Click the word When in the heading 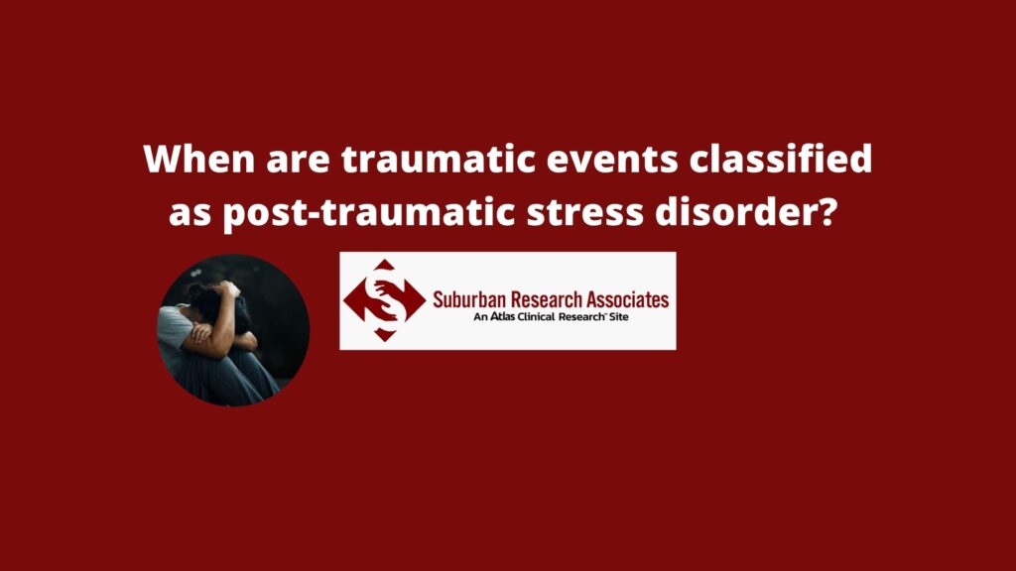199,160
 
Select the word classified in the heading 781,159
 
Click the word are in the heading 298,162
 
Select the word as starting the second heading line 190,215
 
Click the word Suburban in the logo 469,299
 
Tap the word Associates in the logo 627,299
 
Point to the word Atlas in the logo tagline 502,316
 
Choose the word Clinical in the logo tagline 536,316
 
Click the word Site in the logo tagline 618,316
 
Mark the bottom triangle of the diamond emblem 385,335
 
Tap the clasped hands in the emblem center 385,299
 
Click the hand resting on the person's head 227,288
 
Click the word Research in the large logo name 547,299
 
